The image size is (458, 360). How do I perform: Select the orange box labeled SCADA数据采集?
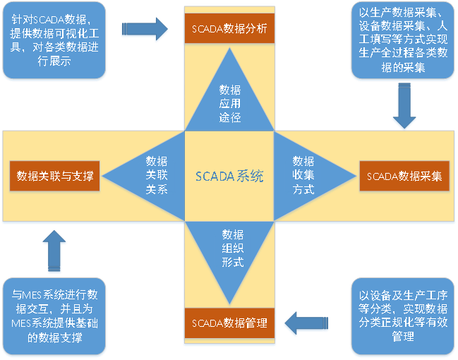(404, 176)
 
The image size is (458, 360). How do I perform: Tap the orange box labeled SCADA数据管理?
(229, 323)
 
